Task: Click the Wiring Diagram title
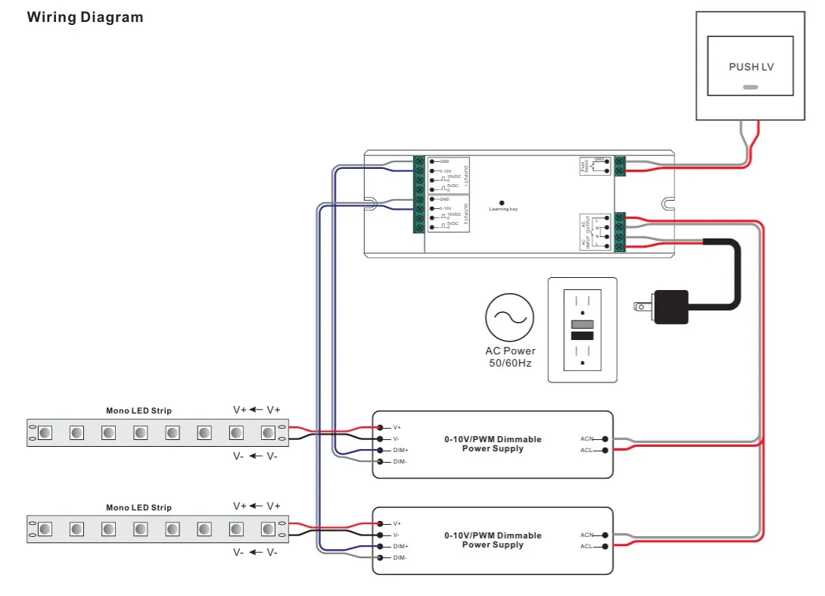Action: pos(85,17)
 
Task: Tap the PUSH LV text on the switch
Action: pos(751,67)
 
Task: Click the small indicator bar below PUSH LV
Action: pos(750,87)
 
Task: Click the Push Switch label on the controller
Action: pos(583,166)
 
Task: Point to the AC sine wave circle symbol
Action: pos(509,317)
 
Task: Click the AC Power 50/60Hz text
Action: pos(509,357)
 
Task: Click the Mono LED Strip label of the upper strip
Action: pos(139,410)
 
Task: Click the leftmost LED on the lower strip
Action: pos(45,529)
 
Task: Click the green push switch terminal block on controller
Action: pos(620,166)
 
